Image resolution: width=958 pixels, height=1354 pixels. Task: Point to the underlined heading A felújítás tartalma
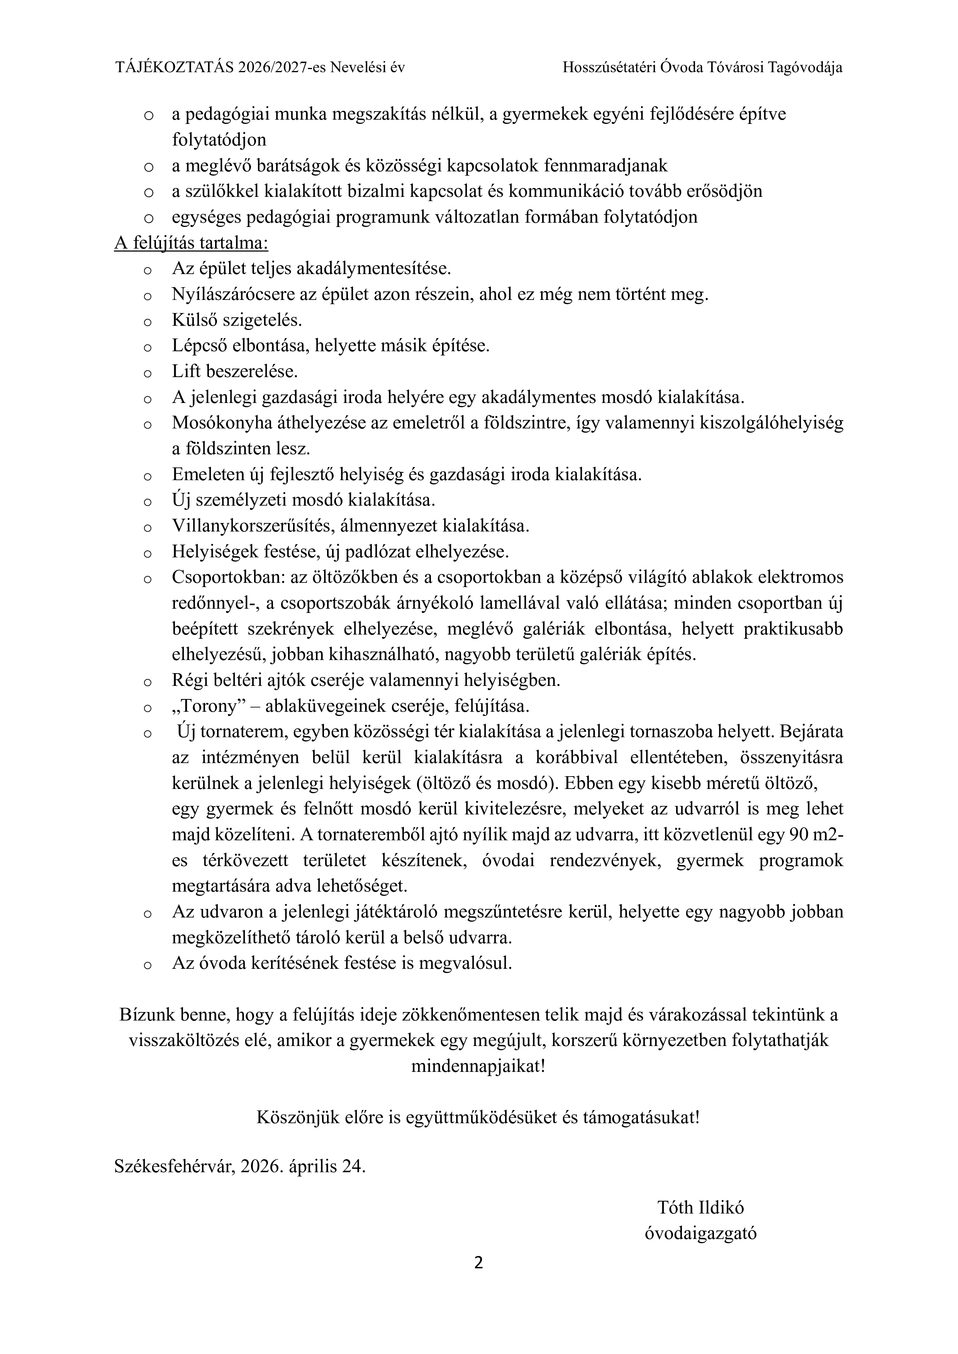pyautogui.click(x=191, y=243)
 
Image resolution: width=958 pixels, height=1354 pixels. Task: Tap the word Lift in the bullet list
pyautogui.click(x=183, y=372)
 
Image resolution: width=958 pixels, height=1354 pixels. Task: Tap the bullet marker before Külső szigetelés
pyautogui.click(x=148, y=322)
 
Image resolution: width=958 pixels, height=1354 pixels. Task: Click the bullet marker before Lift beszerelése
pyautogui.click(x=148, y=373)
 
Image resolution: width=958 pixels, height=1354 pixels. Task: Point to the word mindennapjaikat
pyautogui.click(x=478, y=1066)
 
